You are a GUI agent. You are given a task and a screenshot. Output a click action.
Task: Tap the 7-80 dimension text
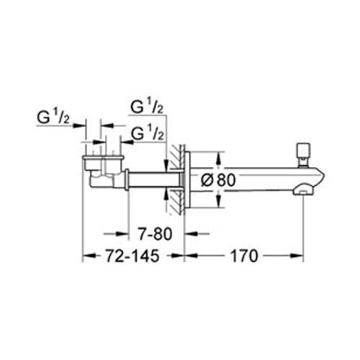(x=154, y=233)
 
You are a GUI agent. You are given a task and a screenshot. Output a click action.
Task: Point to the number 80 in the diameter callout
(x=225, y=181)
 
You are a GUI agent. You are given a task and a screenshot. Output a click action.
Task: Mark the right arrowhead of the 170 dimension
(x=298, y=254)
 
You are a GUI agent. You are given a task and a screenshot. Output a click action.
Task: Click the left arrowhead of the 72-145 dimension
(x=87, y=254)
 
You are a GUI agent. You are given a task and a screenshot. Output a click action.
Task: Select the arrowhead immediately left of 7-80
(x=124, y=233)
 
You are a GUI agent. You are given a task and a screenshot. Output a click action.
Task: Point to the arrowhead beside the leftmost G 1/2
(x=81, y=124)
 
